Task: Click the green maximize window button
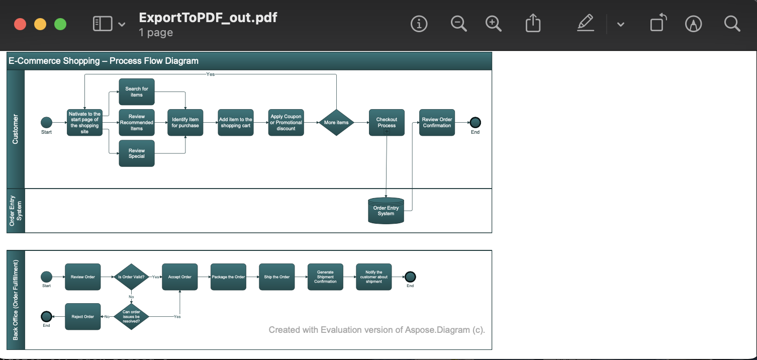point(60,24)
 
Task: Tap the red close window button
point(20,24)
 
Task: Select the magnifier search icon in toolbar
point(732,24)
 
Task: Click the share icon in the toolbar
point(533,24)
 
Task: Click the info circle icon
point(419,24)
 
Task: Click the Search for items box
point(137,92)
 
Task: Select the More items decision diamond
point(336,123)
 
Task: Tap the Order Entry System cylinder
point(386,211)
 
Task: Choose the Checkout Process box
point(387,123)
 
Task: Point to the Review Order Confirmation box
point(437,123)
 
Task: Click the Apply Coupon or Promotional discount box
point(286,123)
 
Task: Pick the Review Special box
point(137,153)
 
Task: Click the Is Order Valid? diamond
point(131,277)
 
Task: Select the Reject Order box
point(83,317)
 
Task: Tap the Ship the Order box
point(277,277)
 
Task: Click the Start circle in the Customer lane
point(46,122)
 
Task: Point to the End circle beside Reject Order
point(46,316)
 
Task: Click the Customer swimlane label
point(16,129)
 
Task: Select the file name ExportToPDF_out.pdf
point(208,18)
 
